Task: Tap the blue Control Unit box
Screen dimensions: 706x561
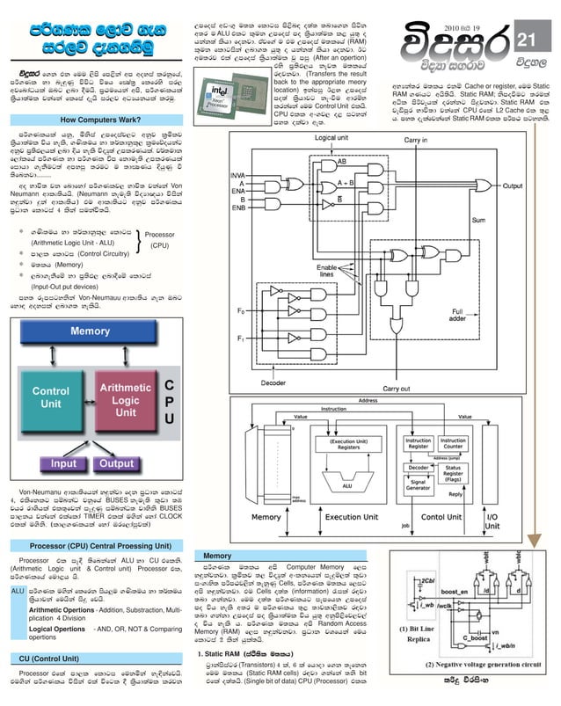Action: pos(51,397)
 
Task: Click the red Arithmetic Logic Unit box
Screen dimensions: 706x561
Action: pos(126,400)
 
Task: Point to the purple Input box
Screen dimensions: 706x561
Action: pos(63,463)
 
